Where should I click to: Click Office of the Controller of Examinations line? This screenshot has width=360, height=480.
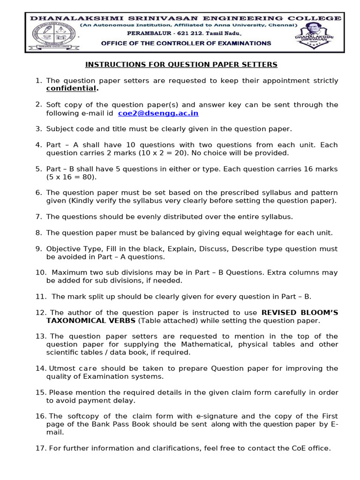[186, 43]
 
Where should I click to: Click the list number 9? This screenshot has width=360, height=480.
[39, 249]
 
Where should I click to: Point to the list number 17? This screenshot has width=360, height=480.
[40, 448]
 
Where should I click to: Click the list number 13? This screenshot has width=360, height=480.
[40, 336]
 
